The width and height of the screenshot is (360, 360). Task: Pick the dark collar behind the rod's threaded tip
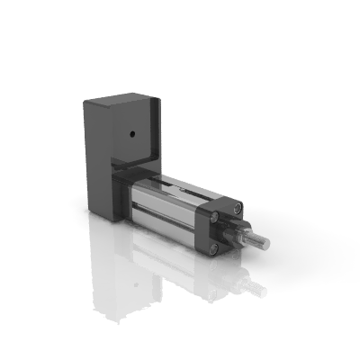coord(242,232)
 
